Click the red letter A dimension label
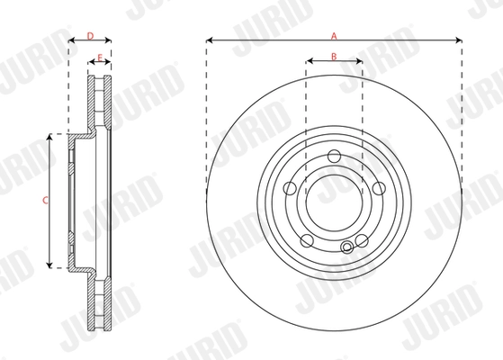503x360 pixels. (x=334, y=36)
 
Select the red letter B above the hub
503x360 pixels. (x=334, y=57)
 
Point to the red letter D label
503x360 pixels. (x=90, y=36)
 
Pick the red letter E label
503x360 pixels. (x=99, y=58)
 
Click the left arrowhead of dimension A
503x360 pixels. (x=209, y=40)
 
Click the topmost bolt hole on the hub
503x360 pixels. (x=334, y=158)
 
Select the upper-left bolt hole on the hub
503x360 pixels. (x=291, y=189)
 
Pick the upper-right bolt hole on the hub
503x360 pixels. (x=377, y=189)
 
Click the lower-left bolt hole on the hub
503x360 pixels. (x=307, y=240)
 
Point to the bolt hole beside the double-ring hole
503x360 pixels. (x=361, y=240)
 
